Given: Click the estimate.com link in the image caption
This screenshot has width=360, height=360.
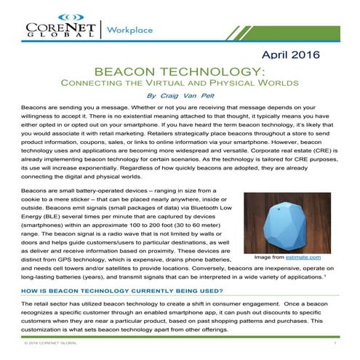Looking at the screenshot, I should click(316, 257).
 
